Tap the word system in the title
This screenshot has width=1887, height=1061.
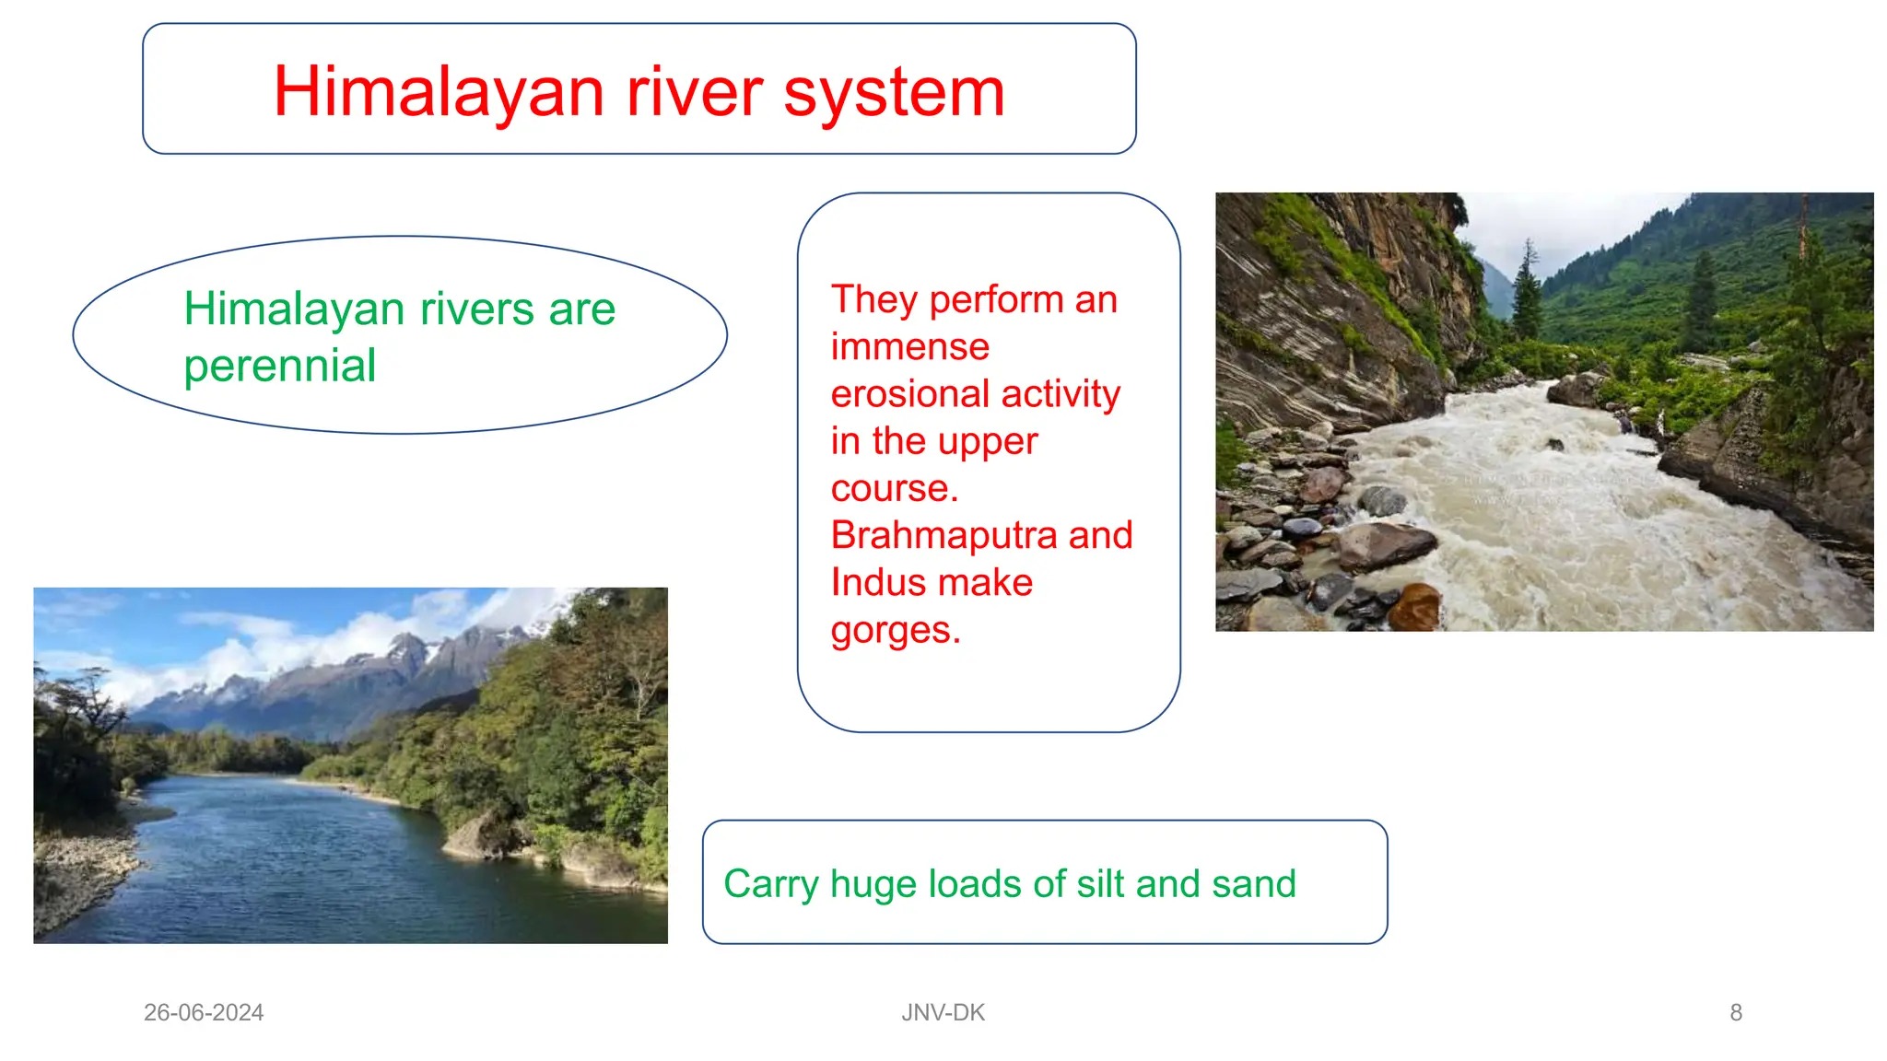(x=894, y=92)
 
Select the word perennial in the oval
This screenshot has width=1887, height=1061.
(x=280, y=367)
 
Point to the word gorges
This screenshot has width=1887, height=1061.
(x=895, y=631)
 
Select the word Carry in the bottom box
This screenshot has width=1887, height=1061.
(x=770, y=884)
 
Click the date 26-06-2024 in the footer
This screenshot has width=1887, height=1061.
(x=204, y=1012)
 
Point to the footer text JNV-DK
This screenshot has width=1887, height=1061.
(x=943, y=1012)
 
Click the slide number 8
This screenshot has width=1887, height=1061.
(x=1736, y=1012)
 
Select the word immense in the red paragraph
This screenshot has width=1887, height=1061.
(x=909, y=347)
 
